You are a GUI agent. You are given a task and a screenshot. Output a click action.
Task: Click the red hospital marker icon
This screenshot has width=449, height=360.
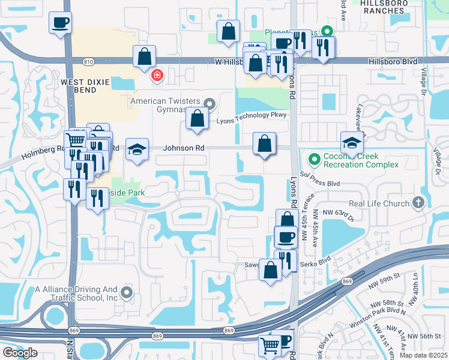pyautogui.click(x=157, y=75)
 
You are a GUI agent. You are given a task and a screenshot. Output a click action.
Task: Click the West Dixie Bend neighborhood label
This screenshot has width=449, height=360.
pyautogui.click(x=78, y=85)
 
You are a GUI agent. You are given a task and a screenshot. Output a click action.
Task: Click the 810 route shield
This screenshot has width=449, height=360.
pyautogui.click(x=88, y=61)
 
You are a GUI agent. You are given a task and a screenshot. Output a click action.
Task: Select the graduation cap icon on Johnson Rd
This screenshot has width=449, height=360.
pyautogui.click(x=137, y=149)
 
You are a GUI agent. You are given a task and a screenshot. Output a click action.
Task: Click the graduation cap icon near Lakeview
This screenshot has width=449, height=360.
pyautogui.click(x=352, y=143)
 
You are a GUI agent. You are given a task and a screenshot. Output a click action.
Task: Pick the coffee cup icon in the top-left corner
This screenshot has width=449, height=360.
pyautogui.click(x=60, y=23)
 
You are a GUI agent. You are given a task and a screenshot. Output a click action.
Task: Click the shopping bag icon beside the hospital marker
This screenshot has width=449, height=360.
pyautogui.click(x=144, y=57)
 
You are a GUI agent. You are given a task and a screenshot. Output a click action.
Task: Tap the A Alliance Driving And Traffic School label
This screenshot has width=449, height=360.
pyautogui.click(x=76, y=293)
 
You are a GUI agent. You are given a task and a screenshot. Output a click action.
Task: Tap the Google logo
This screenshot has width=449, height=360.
pyautogui.click(x=19, y=353)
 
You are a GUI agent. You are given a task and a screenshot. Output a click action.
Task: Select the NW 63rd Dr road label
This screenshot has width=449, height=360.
pyautogui.click(x=339, y=212)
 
